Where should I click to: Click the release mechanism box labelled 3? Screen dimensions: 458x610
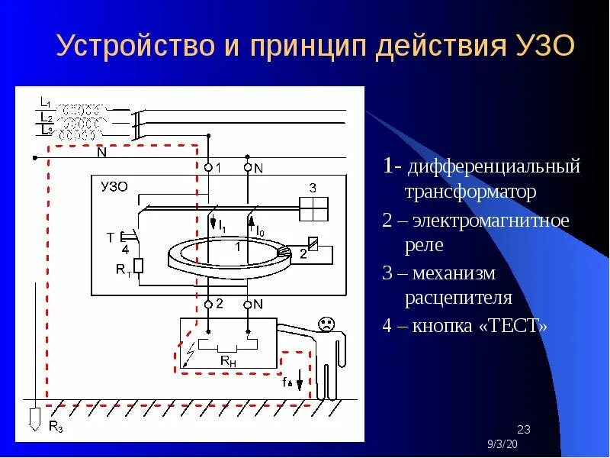[x=313, y=207]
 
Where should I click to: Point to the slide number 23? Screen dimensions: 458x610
[x=524, y=427]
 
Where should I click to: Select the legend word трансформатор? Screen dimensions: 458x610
[x=470, y=192]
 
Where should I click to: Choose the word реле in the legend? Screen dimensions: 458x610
[x=424, y=246]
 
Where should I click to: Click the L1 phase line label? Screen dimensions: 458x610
[x=44, y=102]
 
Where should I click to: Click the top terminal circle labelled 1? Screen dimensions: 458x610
[x=208, y=166]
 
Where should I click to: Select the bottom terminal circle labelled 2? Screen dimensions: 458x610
[x=208, y=304]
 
